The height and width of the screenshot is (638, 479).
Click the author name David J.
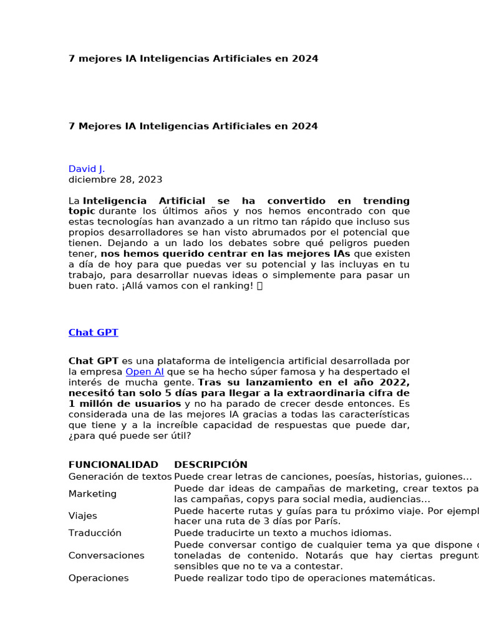click(x=87, y=169)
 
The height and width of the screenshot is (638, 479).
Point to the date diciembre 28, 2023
click(x=115, y=179)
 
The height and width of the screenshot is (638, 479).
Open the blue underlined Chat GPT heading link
click(x=93, y=333)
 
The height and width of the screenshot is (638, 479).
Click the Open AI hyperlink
click(x=145, y=372)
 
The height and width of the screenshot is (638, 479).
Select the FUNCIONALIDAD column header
click(x=113, y=465)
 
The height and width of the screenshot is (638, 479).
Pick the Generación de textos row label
click(x=120, y=477)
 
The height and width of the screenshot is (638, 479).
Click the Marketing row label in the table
click(x=92, y=494)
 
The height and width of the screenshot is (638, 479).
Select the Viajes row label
click(x=82, y=516)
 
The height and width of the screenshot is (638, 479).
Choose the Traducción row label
click(x=95, y=533)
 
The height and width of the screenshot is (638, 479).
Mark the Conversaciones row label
click(x=106, y=556)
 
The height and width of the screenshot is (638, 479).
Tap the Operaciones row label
click(x=99, y=578)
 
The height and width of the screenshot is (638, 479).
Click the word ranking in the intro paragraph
click(x=230, y=286)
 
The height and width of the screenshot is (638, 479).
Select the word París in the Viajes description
click(x=328, y=521)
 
